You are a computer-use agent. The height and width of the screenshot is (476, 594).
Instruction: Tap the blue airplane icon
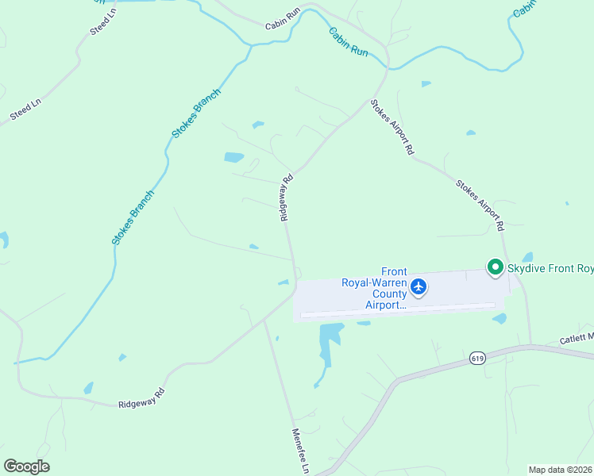coord(419,286)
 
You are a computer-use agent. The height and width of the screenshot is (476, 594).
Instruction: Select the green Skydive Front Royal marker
coord(496,267)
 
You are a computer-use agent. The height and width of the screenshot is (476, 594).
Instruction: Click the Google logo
coord(26,466)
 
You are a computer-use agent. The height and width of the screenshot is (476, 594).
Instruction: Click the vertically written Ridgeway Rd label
coord(287,198)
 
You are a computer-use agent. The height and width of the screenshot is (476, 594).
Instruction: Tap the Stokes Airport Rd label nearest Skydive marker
coord(480,205)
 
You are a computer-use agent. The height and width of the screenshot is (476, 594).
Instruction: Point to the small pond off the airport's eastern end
coord(499,319)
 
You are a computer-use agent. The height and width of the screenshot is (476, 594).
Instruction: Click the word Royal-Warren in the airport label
coord(373,282)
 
